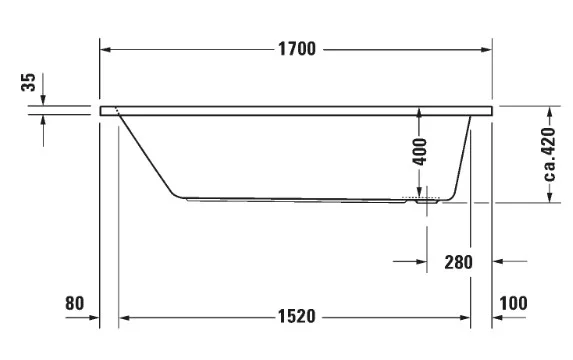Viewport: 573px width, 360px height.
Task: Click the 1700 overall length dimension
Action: coord(297,49)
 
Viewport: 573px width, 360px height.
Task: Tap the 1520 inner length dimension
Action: coord(296,316)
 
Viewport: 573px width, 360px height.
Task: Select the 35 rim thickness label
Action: coord(29,82)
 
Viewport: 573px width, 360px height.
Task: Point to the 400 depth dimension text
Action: coord(420,152)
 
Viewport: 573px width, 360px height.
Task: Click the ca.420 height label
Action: coord(549,154)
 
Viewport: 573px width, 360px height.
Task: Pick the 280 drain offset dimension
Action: coord(458,262)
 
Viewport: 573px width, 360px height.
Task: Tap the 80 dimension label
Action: coord(75,303)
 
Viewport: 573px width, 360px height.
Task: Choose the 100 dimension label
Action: coord(513,303)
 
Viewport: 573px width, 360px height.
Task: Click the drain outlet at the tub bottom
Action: coord(427,201)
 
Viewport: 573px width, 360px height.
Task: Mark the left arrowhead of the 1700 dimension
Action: coord(106,49)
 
